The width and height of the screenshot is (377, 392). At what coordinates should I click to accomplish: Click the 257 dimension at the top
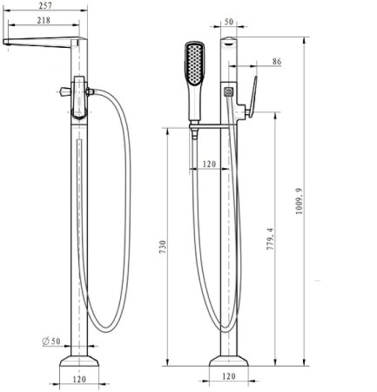point(43,6)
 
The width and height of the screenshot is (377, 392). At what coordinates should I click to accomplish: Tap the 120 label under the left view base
point(80,379)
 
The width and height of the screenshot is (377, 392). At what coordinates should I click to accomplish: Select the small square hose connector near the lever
point(228,90)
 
